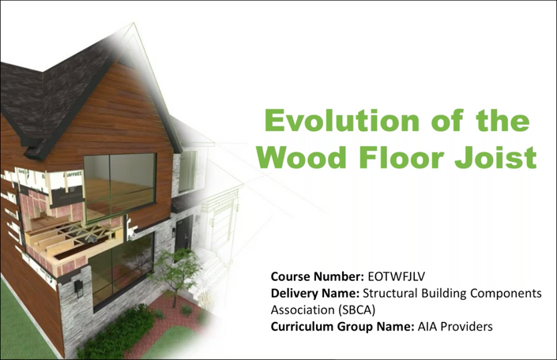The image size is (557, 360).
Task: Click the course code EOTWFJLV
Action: (396, 276)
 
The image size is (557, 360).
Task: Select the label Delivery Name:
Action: (315, 293)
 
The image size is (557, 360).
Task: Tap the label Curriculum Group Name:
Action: (342, 326)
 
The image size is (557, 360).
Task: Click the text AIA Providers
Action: (455, 326)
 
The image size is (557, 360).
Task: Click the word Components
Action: (506, 294)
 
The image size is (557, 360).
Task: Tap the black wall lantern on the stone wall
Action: (77, 287)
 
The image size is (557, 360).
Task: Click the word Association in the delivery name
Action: (303, 310)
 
